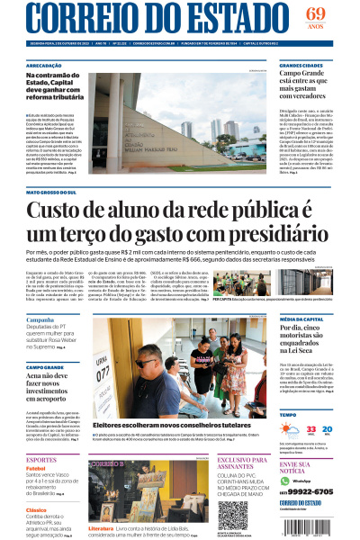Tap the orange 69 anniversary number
pos(317,13)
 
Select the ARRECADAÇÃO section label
pos(44,66)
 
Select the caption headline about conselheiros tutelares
pos(159,424)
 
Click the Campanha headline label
pos(40,319)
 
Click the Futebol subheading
pos(36,468)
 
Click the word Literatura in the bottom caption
pos(102,529)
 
